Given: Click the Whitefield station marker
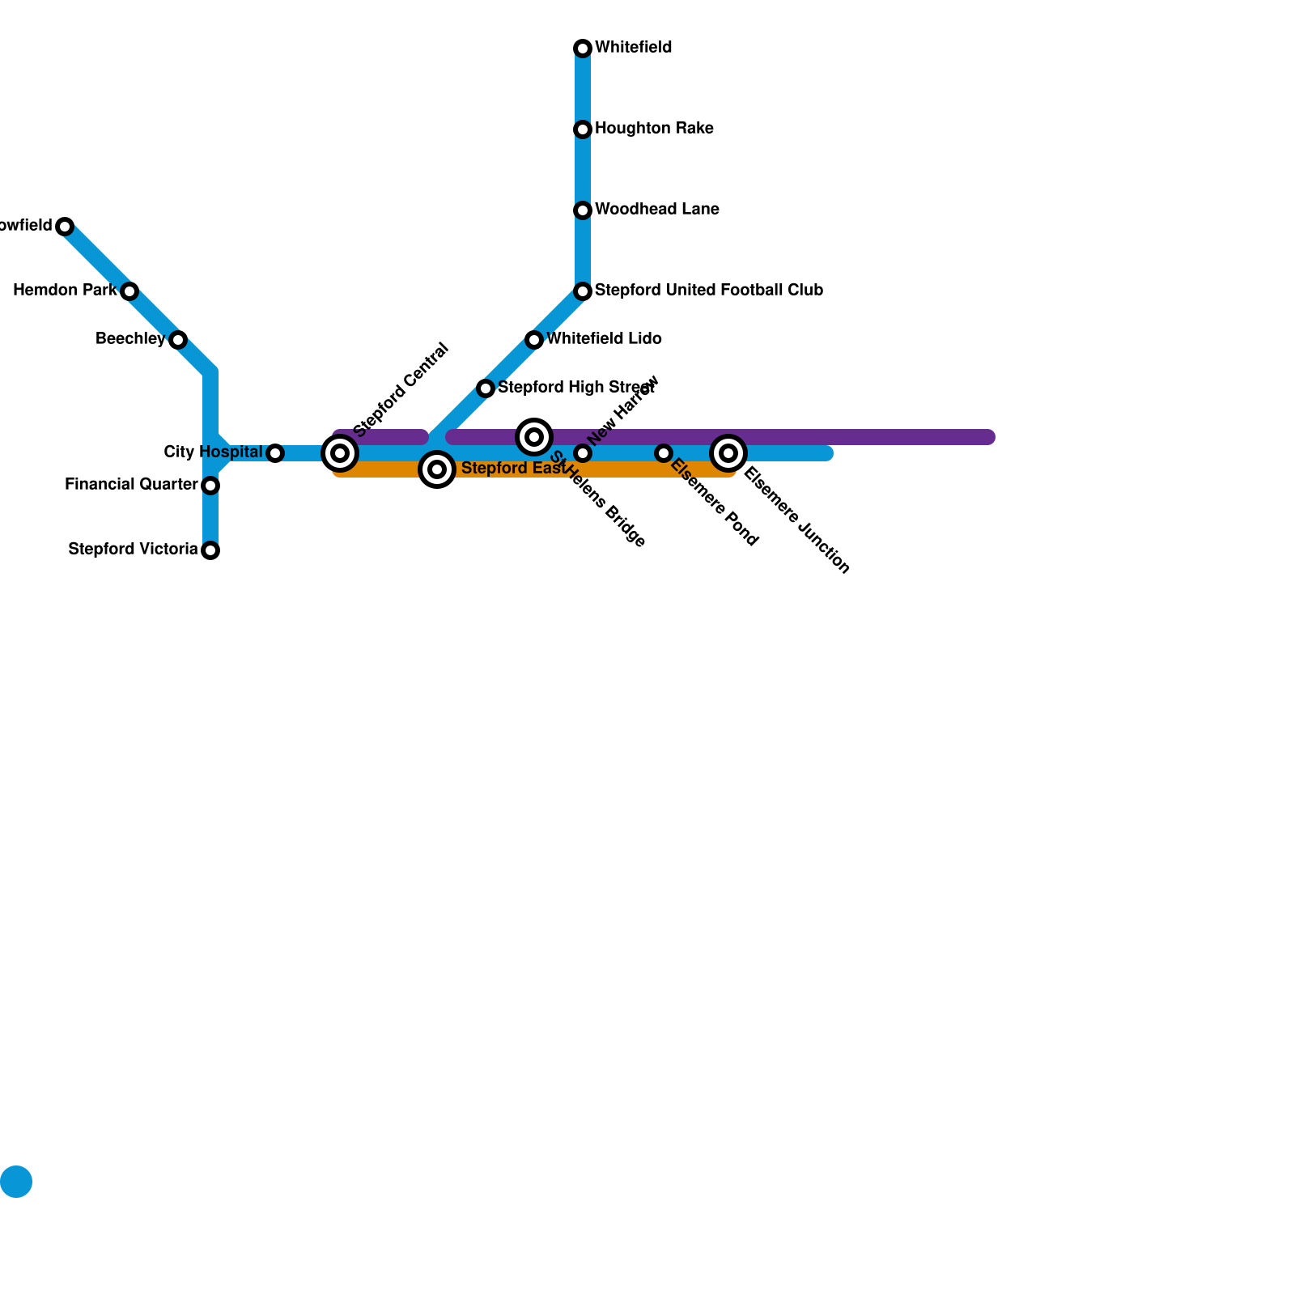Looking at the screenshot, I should (x=583, y=49).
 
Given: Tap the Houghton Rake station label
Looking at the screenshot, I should (x=654, y=129).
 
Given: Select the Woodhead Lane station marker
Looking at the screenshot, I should (x=583, y=210).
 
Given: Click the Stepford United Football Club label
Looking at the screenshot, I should (x=708, y=291).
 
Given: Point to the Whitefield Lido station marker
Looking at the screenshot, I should (x=534, y=340).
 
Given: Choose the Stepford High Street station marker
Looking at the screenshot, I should (x=486, y=388).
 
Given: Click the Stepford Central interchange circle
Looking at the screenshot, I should (x=340, y=453).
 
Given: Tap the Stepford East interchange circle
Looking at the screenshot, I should (x=437, y=469).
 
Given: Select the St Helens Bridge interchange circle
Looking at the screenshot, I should (x=534, y=437).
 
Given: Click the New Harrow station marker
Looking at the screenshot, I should (x=583, y=453).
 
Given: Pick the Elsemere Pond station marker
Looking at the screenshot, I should (x=664, y=453).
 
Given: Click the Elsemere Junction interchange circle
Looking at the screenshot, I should (x=728, y=453).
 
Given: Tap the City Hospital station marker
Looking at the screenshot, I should (x=275, y=453).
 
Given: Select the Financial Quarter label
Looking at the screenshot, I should (x=131, y=485).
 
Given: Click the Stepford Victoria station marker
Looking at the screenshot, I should (x=210, y=550).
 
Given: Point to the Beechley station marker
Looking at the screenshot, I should (x=178, y=340).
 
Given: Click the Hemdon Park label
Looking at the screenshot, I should (x=65, y=291).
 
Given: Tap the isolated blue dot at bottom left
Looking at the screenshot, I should (x=16, y=1182).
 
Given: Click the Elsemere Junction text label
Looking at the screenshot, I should (x=796, y=521).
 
